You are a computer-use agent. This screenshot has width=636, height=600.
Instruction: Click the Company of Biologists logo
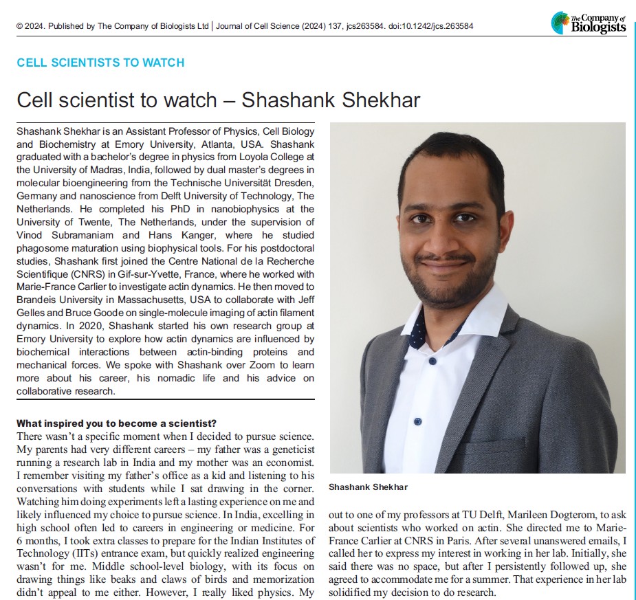[x=589, y=23]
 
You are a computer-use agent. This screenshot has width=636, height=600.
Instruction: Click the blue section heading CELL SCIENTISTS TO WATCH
[x=100, y=63]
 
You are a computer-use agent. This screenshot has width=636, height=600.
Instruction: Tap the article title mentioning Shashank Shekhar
[x=218, y=100]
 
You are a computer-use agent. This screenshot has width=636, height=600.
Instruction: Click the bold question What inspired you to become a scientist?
[x=116, y=423]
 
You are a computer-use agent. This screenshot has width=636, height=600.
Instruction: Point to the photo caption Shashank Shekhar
[x=368, y=487]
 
